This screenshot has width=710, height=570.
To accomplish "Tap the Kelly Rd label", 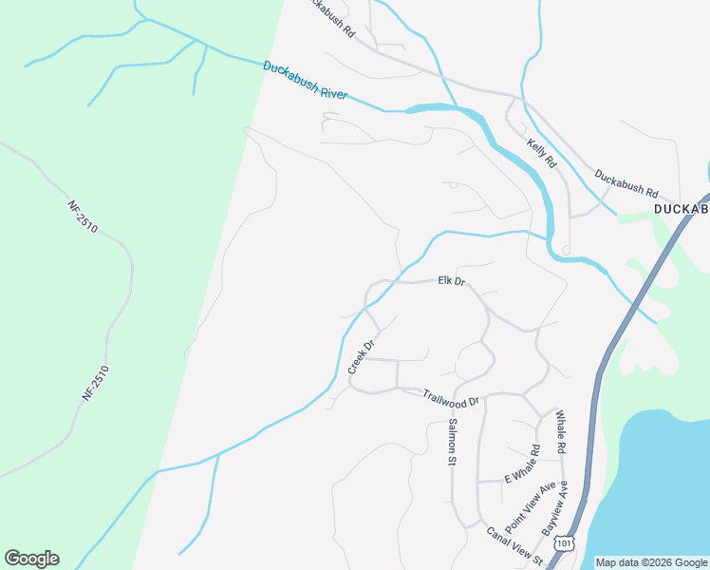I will [541, 153].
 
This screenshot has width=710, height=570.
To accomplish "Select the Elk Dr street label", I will [451, 281].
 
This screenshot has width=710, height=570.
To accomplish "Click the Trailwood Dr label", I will [453, 399].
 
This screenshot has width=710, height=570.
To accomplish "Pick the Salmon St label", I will [453, 442].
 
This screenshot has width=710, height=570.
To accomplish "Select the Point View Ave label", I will [531, 506].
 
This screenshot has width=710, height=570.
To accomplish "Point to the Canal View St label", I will [514, 543].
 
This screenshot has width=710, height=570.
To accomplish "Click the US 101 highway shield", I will [565, 542].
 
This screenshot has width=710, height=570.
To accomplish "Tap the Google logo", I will [31, 559].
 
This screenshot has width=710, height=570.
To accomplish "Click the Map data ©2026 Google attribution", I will [650, 562].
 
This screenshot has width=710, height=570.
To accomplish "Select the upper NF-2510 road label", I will [83, 216].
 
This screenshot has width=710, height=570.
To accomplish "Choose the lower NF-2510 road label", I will [96, 383].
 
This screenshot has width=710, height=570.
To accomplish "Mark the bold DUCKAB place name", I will [682, 208].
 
